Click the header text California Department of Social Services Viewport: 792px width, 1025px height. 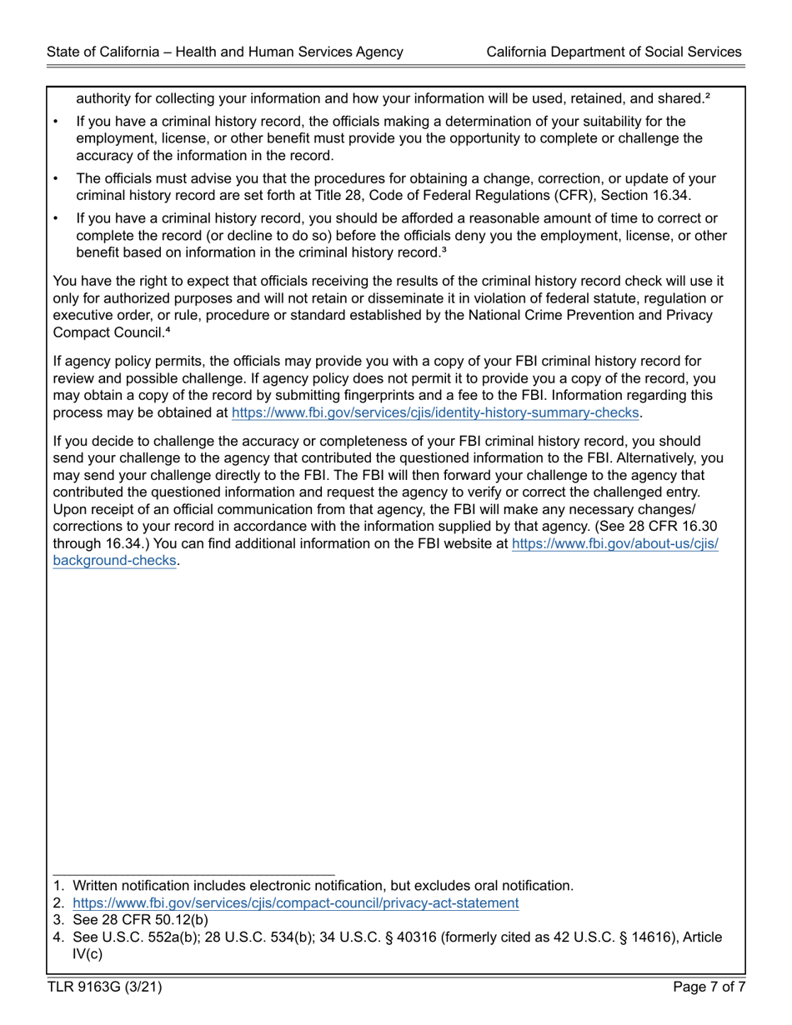coord(614,52)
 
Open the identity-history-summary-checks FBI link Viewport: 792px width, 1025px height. coord(435,412)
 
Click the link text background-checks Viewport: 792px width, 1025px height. coord(115,560)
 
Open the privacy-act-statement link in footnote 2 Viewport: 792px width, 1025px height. coord(296,902)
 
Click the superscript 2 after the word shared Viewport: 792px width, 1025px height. coord(707,97)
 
